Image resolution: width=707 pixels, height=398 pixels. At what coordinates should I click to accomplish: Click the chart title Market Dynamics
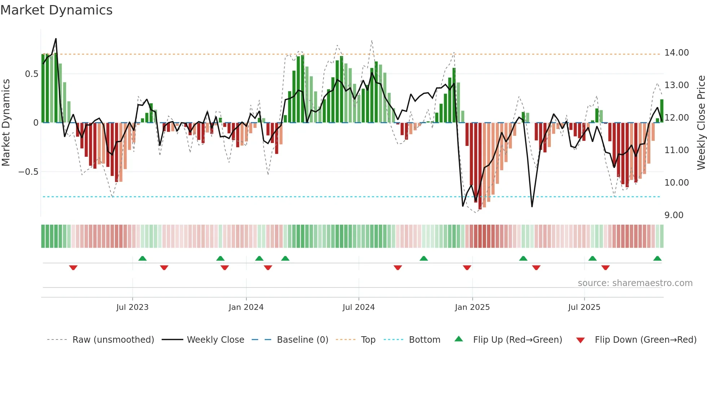[x=56, y=10]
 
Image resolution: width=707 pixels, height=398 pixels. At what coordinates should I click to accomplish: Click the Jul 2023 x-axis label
[x=132, y=307]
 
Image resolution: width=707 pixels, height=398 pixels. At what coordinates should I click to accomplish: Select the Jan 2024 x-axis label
[x=246, y=307]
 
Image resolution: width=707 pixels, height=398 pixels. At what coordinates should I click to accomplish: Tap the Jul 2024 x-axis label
[x=359, y=307]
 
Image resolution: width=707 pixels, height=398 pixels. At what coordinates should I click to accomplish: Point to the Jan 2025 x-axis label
[x=472, y=307]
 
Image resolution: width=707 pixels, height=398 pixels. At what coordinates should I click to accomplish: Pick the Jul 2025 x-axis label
[x=584, y=307]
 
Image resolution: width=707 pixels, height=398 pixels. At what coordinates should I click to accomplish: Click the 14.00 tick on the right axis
[x=676, y=53]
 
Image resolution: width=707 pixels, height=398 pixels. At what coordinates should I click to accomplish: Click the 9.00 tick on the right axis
[x=674, y=215]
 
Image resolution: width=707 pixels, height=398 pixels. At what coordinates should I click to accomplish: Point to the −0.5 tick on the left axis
[x=28, y=172]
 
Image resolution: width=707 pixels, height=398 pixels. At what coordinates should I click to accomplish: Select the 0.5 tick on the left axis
[x=31, y=74]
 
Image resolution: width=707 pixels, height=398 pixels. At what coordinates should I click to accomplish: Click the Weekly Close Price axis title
[x=701, y=122]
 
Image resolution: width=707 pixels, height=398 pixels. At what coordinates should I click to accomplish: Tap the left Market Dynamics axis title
[x=6, y=122]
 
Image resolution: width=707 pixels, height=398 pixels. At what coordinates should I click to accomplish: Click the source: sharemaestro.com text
[x=635, y=283]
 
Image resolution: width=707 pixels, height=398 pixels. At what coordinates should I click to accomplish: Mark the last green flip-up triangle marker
[x=657, y=259]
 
